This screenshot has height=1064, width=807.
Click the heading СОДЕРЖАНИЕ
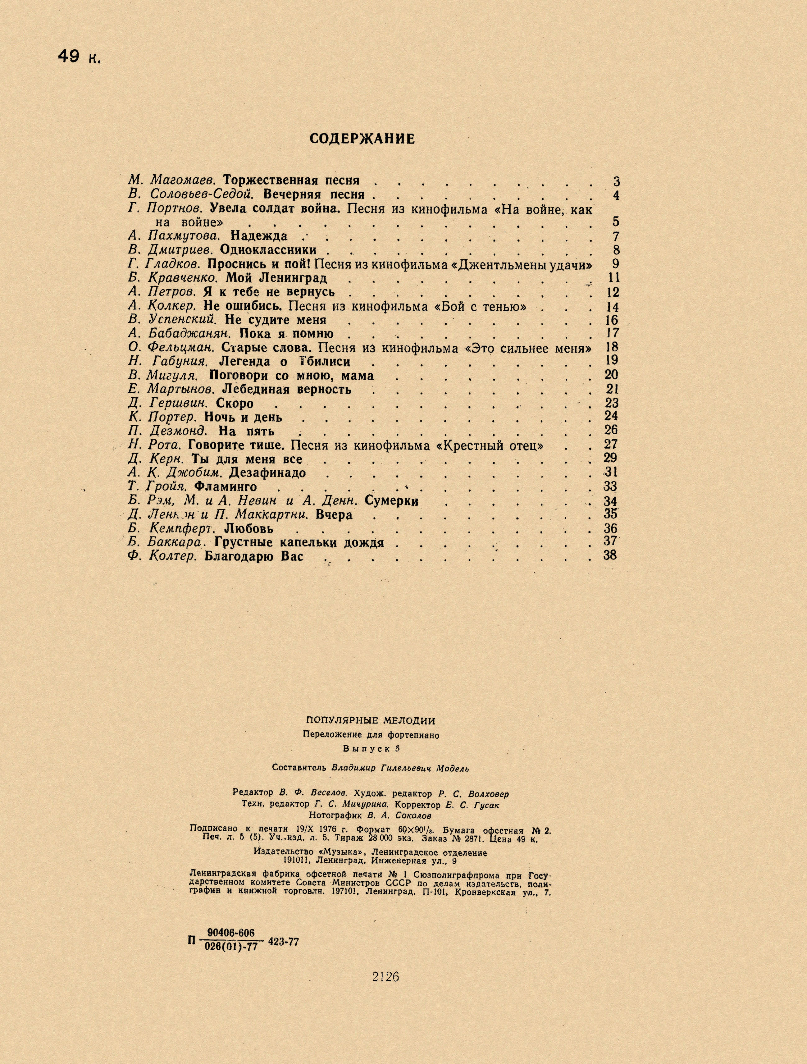pos(362,139)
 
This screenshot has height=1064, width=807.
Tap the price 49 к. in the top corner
pos(79,57)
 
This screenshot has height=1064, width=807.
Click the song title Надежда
pos(259,236)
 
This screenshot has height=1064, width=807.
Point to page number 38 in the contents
pos(610,555)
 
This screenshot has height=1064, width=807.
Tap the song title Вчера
pos(334,515)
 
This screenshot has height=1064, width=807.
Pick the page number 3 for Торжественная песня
pos(617,182)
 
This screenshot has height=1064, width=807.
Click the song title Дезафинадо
pos(267,473)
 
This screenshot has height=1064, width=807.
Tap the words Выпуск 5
pos(371,749)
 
